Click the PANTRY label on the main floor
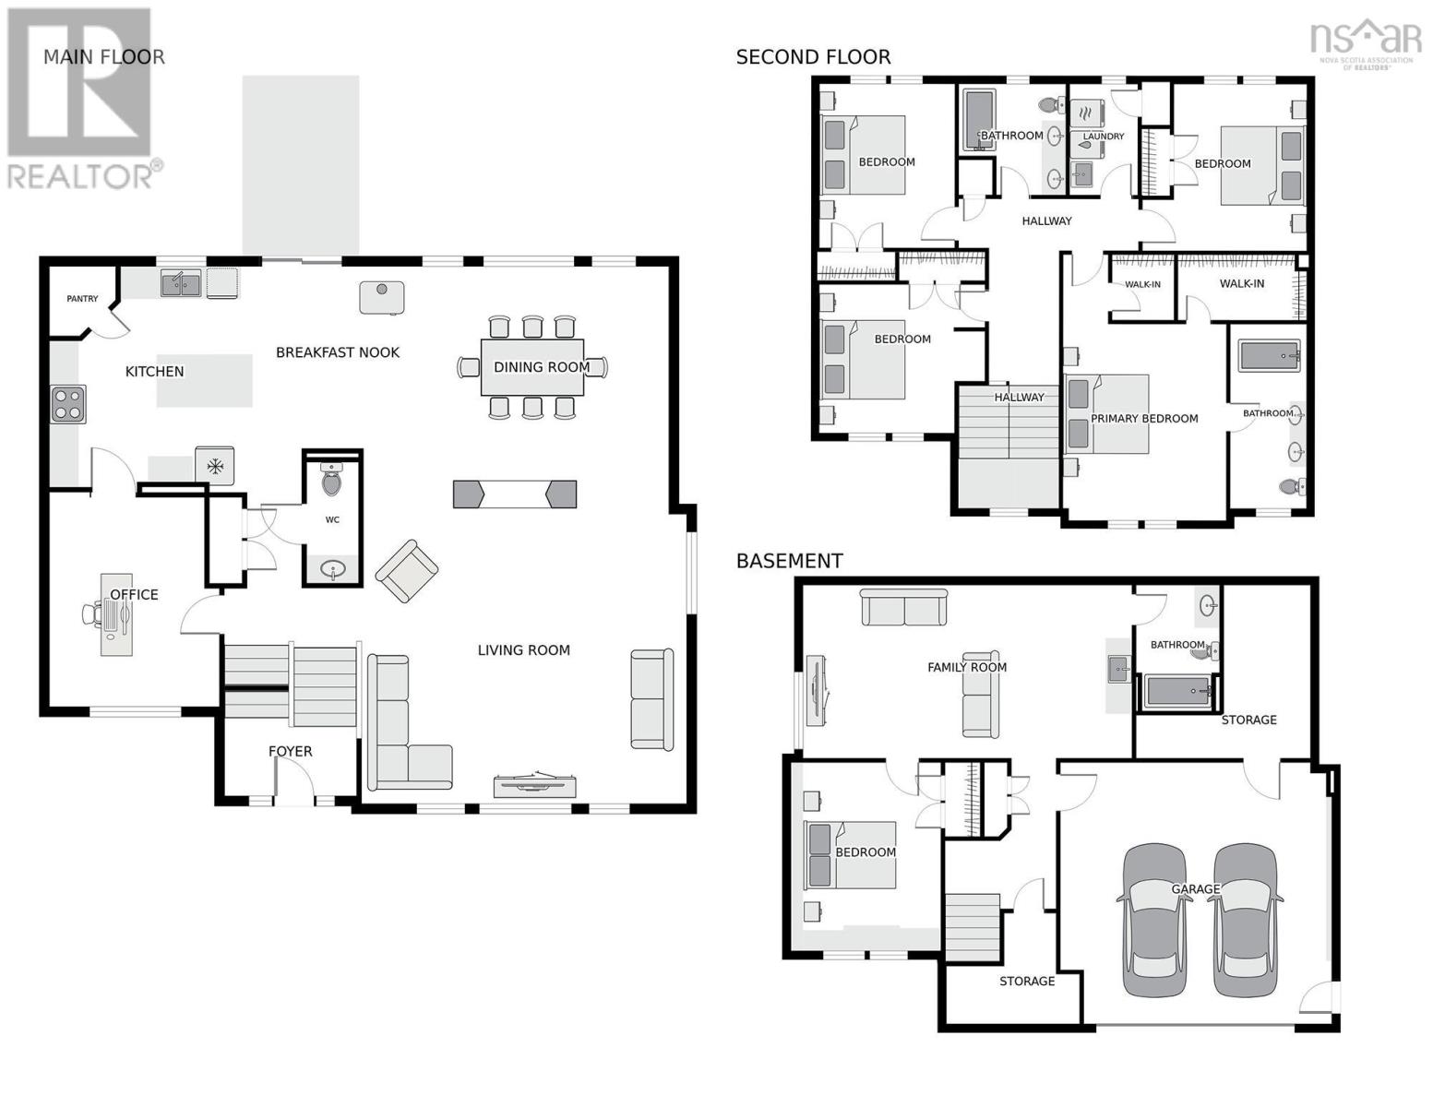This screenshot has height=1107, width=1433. (x=82, y=299)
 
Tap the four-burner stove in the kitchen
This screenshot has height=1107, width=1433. (x=68, y=404)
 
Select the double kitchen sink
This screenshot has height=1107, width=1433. (x=181, y=283)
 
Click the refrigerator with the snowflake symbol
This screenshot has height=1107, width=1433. (x=215, y=466)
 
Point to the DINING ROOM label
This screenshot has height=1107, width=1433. (x=541, y=367)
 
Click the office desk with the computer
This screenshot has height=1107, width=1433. (x=116, y=613)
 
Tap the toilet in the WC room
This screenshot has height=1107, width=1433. (x=332, y=480)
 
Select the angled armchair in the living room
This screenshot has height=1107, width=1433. (x=407, y=571)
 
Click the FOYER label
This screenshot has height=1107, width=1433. (x=290, y=751)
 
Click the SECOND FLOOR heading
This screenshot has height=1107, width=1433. (x=813, y=57)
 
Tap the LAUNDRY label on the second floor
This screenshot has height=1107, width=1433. (x=1104, y=137)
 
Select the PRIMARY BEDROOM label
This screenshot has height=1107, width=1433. (x=1144, y=419)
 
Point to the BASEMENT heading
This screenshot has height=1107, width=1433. (x=789, y=561)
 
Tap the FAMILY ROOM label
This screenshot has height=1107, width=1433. (x=967, y=667)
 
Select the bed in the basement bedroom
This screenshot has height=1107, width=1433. (x=851, y=855)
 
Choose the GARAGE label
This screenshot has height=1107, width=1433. (x=1196, y=889)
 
